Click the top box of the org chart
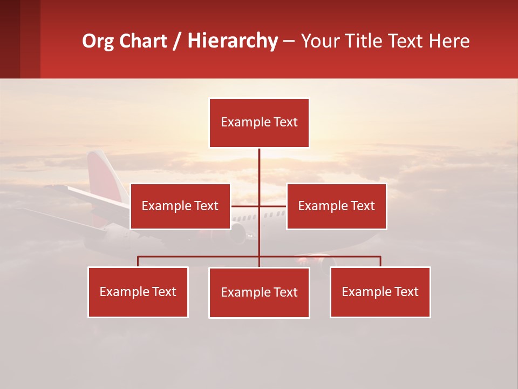coord(259,123)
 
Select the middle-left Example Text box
coord(180,206)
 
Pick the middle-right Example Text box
coord(336,206)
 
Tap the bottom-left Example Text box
coord(138,292)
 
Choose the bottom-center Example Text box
coord(259,292)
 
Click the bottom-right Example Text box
coord(380,292)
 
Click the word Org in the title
coord(97,41)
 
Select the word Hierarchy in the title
coord(233,41)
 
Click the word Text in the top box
coord(285,122)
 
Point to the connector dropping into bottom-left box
coord(138,261)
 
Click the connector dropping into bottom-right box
coord(380,261)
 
